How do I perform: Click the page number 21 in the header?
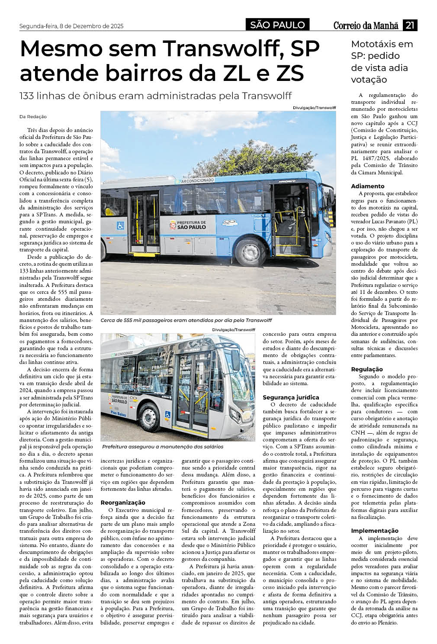[x=410, y=26]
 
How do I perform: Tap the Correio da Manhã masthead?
[x=366, y=26]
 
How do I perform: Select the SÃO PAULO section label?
[x=277, y=25]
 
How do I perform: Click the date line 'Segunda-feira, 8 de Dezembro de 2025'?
[x=71, y=26]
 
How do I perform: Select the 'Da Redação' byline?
[x=33, y=117]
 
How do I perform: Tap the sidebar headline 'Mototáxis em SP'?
[x=382, y=50]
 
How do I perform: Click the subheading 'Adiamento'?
[x=367, y=186]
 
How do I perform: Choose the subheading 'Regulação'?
[x=366, y=369]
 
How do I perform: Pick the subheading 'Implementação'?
[x=374, y=531]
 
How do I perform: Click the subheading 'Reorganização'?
[x=123, y=502]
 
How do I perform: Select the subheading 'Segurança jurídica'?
[x=291, y=397]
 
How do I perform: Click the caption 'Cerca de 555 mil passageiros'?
[x=186, y=320]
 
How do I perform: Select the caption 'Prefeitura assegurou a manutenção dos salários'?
[x=163, y=447]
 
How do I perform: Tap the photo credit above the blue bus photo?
[x=314, y=107]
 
